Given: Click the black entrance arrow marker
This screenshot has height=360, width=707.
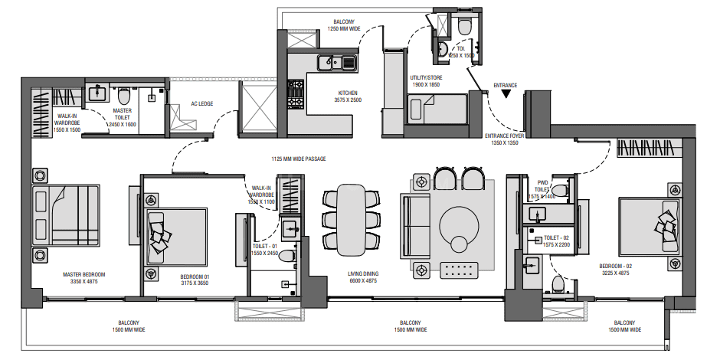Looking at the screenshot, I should [506, 94].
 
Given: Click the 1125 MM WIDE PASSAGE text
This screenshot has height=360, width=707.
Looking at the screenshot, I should [299, 159].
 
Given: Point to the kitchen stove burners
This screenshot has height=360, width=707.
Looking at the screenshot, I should [296, 94].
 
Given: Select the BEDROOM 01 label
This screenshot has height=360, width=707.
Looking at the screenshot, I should [195, 277].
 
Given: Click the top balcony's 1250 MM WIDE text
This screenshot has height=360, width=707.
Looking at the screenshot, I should [344, 28].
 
